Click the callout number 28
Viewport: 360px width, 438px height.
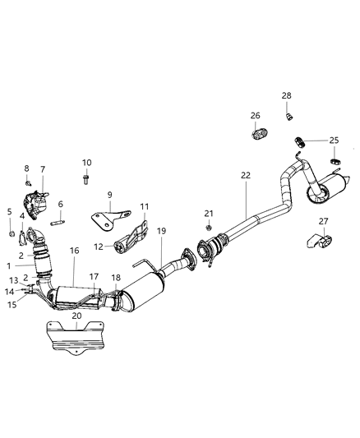[286, 96]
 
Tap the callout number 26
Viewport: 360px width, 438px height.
[255, 115]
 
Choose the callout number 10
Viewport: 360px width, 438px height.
[86, 162]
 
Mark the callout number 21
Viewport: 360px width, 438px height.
[209, 213]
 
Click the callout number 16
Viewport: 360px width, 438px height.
[74, 250]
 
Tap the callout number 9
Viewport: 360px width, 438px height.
[108, 195]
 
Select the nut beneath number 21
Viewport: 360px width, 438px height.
[209, 226]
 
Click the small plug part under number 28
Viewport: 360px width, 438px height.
[288, 116]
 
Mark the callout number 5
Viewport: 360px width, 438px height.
[10, 211]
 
